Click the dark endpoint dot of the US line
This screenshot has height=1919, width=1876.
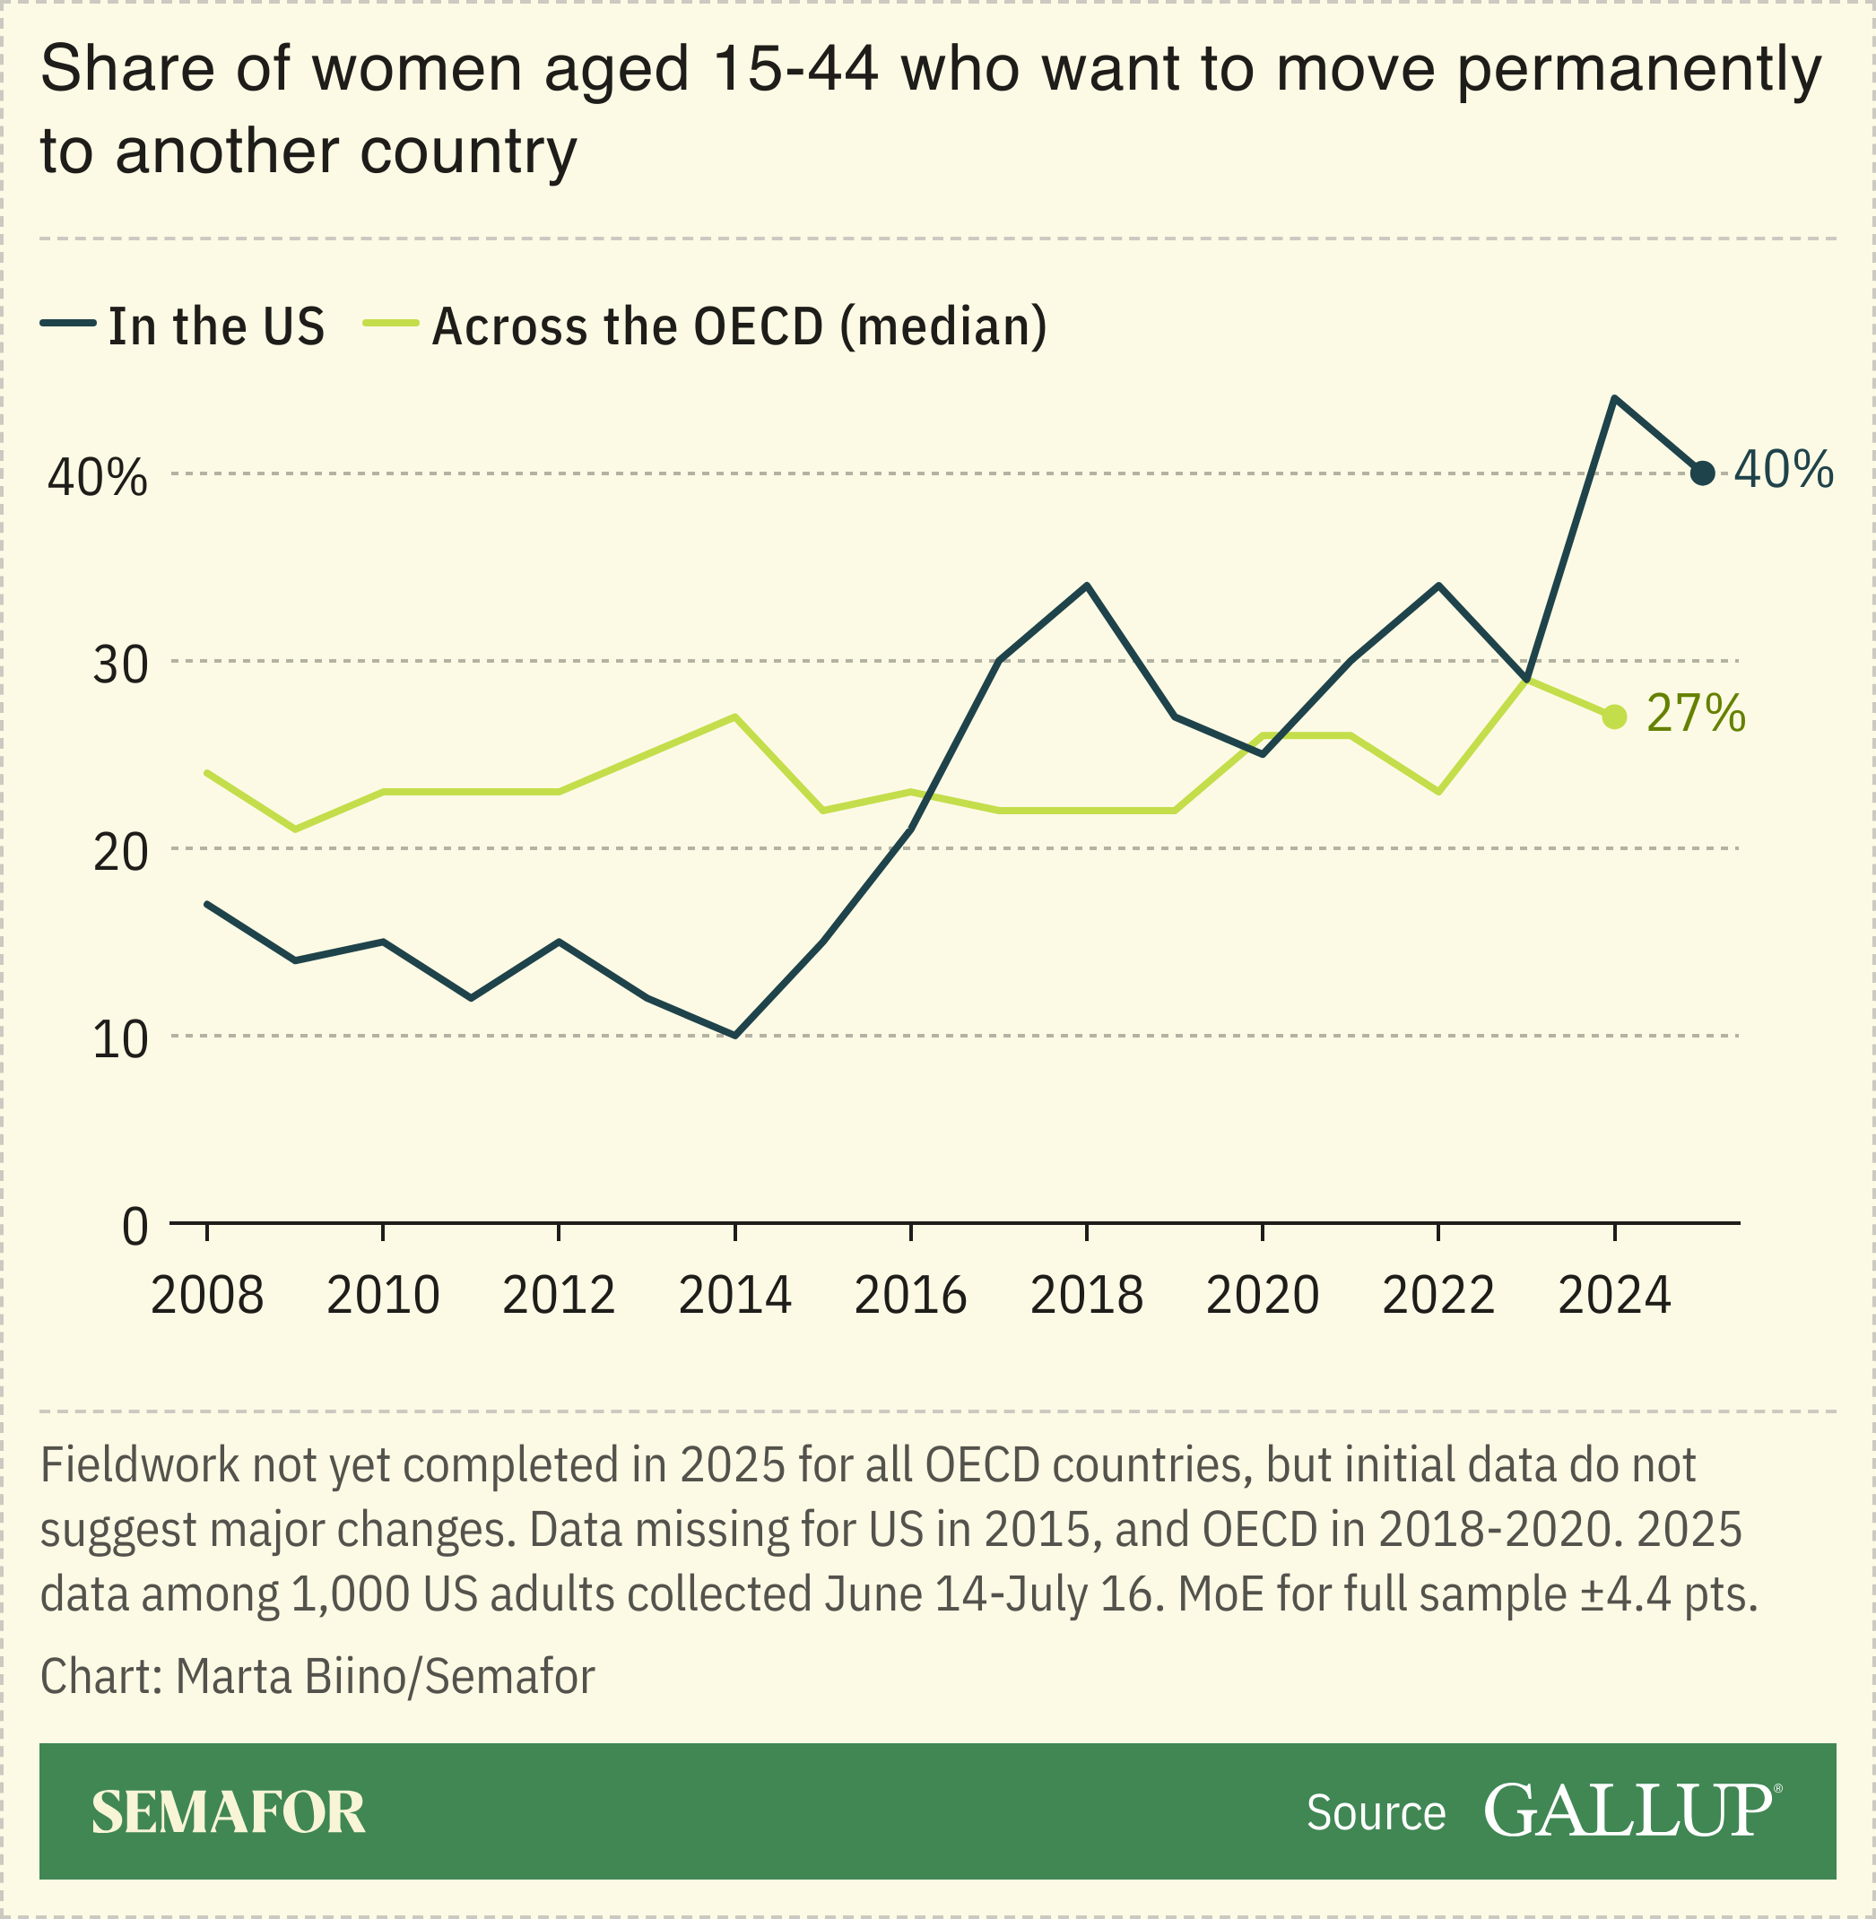click(1702, 473)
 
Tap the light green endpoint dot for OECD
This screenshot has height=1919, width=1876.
click(1614, 716)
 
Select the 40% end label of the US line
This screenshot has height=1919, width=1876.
click(1784, 470)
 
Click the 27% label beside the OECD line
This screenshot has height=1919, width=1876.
click(1696, 713)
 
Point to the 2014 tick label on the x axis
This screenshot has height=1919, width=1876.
click(734, 1296)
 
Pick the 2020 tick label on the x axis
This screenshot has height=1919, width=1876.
click(1262, 1296)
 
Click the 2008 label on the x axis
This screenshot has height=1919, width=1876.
click(207, 1296)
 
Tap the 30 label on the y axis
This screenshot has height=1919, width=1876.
click(120, 666)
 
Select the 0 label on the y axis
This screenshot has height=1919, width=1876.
click(135, 1228)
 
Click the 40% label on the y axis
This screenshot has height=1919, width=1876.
click(98, 479)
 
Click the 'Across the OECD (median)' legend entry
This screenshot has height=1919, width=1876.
click(739, 326)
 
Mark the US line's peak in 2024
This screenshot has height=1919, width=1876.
click(1614, 398)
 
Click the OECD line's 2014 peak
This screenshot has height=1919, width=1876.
click(735, 716)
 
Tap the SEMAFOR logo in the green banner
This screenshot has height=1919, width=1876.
click(229, 1812)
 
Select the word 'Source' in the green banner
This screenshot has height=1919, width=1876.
click(1376, 1812)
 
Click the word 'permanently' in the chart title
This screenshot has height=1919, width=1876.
click(1638, 71)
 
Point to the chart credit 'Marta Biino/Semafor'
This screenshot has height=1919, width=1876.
click(385, 1677)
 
